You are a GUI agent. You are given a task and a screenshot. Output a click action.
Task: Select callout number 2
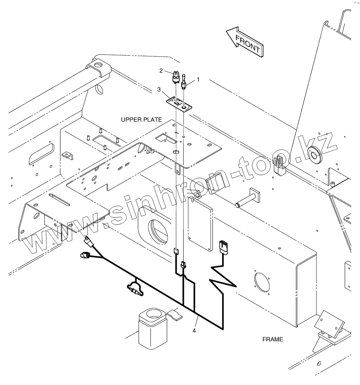pyautogui.click(x=161, y=71)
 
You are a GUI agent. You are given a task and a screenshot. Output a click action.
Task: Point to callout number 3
pyautogui.click(x=159, y=90)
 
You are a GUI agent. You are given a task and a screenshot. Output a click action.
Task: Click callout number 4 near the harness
pyautogui.click(x=194, y=330)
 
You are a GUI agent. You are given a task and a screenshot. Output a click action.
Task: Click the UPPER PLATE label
pyautogui.click(x=141, y=120)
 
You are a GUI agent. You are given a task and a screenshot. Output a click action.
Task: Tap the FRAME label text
pyautogui.click(x=272, y=339)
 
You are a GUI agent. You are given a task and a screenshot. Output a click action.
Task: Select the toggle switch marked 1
pyautogui.click(x=184, y=82)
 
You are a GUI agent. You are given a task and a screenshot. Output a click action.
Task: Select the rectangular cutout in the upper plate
pyautogui.click(x=166, y=138)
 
